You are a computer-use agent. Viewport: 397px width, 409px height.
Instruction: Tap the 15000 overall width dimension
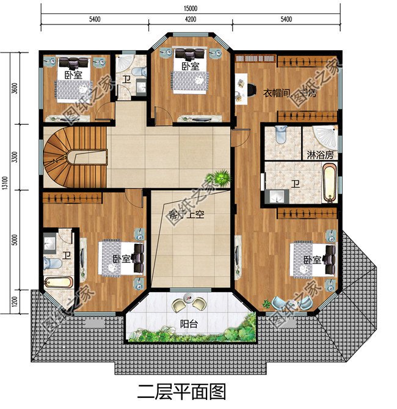coord(190,8)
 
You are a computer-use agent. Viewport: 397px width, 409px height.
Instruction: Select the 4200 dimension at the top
coord(190,20)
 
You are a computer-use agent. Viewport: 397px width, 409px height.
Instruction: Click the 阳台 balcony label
coord(188,324)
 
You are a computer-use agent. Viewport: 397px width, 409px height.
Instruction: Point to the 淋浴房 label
coord(320,155)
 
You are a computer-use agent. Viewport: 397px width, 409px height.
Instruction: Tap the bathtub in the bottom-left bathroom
coord(59,282)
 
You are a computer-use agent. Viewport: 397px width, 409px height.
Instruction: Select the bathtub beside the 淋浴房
coord(328,183)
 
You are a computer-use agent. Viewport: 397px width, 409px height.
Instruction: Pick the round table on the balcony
coord(189,302)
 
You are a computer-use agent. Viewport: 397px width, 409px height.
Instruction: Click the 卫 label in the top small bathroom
coord(126,80)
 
